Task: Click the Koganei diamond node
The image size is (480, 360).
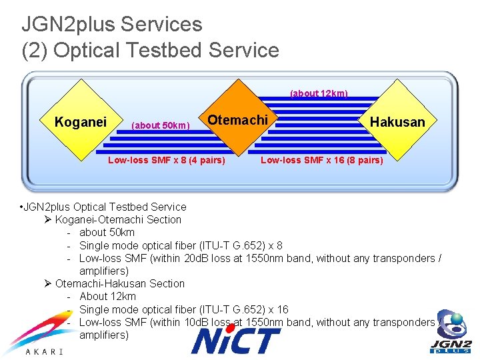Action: pyautogui.click(x=81, y=122)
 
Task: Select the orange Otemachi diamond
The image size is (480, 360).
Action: pyautogui.click(x=238, y=121)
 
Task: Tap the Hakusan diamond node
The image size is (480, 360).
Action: pyautogui.click(x=397, y=122)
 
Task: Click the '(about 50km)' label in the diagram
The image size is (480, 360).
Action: pyautogui.click(x=161, y=125)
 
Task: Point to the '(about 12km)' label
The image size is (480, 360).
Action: pyautogui.click(x=319, y=93)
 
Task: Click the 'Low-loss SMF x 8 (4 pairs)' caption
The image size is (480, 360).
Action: pyautogui.click(x=167, y=160)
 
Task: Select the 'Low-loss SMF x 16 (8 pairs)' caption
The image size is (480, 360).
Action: pyautogui.click(x=322, y=160)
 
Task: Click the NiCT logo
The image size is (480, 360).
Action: pyautogui.click(x=236, y=340)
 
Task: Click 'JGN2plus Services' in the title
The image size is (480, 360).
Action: pyautogui.click(x=111, y=25)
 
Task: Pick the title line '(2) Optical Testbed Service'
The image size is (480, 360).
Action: pyautogui.click(x=150, y=50)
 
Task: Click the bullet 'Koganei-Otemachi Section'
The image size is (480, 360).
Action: pyautogui.click(x=118, y=219)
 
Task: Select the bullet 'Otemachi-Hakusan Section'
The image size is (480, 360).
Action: pyautogui.click(x=120, y=283)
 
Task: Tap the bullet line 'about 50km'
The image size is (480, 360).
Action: pyautogui.click(x=107, y=232)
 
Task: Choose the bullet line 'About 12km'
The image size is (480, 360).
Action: pyautogui.click(x=107, y=296)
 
